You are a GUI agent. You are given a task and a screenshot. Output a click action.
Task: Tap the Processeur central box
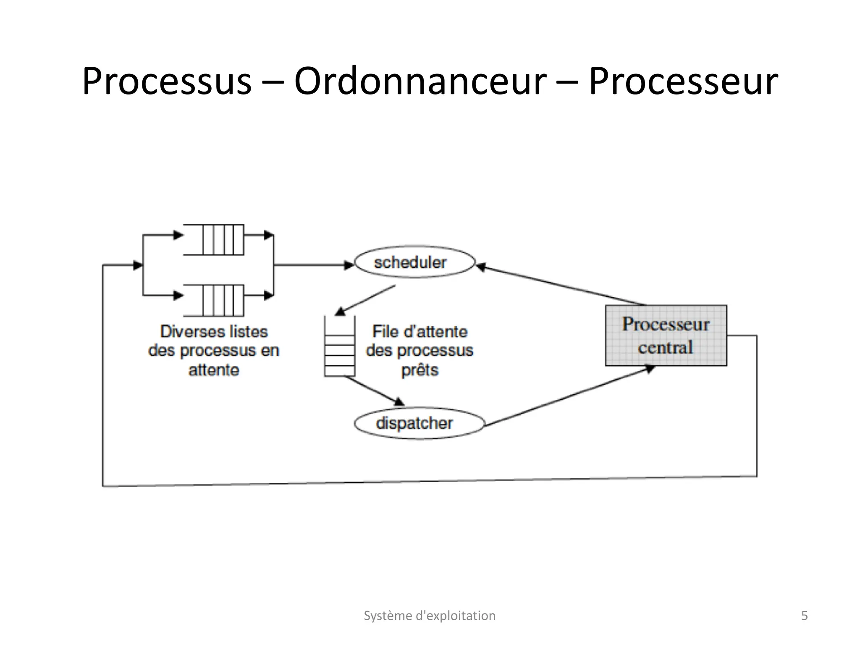[666, 336]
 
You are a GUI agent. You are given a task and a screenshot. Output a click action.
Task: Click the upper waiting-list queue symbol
[214, 240]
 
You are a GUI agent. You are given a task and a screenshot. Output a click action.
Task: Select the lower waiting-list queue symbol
[214, 300]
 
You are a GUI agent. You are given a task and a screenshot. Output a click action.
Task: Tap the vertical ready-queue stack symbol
[339, 346]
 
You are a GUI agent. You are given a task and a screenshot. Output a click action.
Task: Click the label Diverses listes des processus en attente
[214, 351]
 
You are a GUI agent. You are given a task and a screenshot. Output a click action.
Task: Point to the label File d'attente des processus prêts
[420, 351]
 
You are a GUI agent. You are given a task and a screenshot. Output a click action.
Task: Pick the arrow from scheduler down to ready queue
[365, 300]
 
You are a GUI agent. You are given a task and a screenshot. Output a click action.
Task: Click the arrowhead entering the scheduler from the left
[349, 265]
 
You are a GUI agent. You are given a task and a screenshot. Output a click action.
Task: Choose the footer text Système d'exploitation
[429, 616]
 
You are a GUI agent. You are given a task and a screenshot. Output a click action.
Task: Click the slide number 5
[804, 616]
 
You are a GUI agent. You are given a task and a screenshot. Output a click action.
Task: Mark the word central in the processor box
[666, 348]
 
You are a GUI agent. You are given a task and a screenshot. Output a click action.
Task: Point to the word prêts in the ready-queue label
[420, 370]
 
